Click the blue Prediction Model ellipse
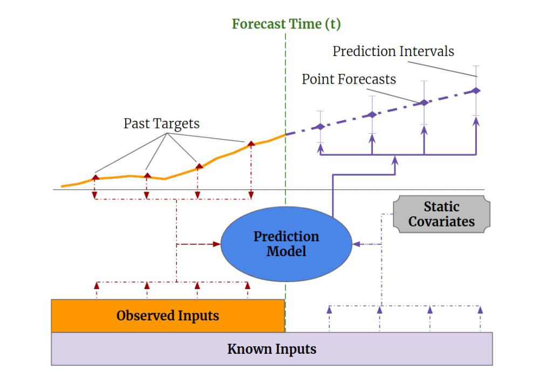pyautogui.click(x=286, y=244)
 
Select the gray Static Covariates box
pyautogui.click(x=441, y=214)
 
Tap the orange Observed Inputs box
pyautogui.click(x=168, y=316)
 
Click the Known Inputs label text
pyautogui.click(x=271, y=348)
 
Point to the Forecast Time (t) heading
pyautogui.click(x=286, y=24)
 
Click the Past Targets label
pyautogui.click(x=161, y=124)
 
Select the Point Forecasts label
pyautogui.click(x=349, y=79)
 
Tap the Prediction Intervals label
pyautogui.click(x=393, y=51)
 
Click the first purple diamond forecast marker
pyautogui.click(x=320, y=127)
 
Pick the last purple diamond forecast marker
pyautogui.click(x=476, y=91)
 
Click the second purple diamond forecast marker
pyautogui.click(x=372, y=114)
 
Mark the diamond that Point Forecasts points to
pyautogui.click(x=424, y=102)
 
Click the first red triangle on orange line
pyautogui.click(x=95, y=177)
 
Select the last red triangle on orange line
pyautogui.click(x=250, y=144)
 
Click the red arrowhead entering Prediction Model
pyautogui.click(x=218, y=244)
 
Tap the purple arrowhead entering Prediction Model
pyautogui.click(x=356, y=244)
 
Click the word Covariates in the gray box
pyautogui.click(x=441, y=222)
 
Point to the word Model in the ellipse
pyautogui.click(x=286, y=251)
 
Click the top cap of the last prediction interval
pyautogui.click(x=476, y=66)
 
